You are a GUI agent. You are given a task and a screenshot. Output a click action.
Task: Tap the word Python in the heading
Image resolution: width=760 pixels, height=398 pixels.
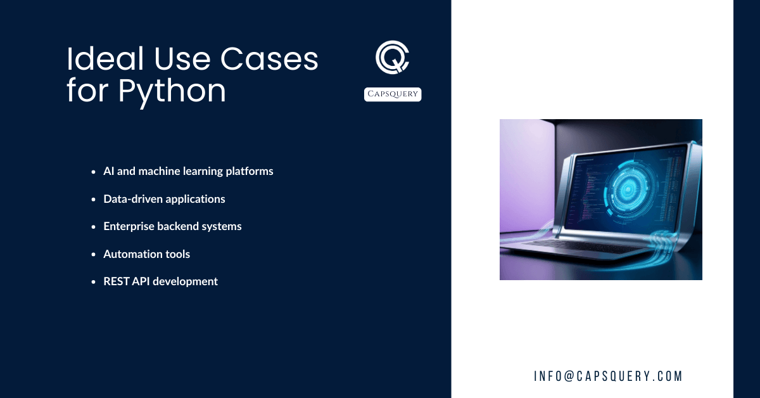pos(172,91)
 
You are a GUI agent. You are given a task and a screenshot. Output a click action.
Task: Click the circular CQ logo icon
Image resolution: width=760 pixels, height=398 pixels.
pos(392,58)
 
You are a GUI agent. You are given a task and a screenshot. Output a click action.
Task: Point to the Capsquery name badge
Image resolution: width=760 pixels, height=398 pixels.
pos(393,94)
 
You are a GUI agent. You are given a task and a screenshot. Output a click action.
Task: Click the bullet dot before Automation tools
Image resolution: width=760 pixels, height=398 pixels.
pos(93,254)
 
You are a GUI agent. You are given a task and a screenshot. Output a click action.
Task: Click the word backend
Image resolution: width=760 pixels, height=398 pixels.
pos(180,226)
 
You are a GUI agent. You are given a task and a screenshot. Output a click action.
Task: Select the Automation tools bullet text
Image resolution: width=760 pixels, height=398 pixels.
pos(147,254)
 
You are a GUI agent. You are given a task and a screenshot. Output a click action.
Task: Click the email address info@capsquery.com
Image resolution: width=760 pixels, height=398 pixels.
pos(608,376)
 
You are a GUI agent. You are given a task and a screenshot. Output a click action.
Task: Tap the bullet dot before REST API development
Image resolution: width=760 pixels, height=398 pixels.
pos(93,281)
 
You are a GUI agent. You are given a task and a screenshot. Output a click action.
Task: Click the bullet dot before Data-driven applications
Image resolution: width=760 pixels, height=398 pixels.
pos(93,199)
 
